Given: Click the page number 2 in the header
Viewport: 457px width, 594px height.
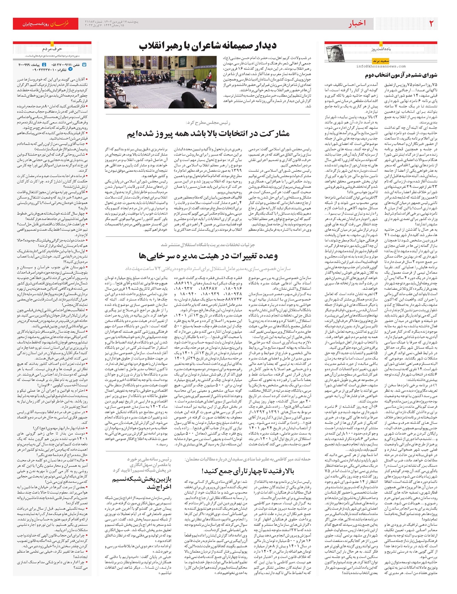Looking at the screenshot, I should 431,23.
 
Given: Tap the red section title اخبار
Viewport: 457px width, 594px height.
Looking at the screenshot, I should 356,24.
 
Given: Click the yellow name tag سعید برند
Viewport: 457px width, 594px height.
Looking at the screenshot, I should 380,61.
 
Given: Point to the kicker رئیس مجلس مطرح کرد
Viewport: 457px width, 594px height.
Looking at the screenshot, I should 208,123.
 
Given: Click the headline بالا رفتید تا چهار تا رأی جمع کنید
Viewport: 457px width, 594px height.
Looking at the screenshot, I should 248,471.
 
